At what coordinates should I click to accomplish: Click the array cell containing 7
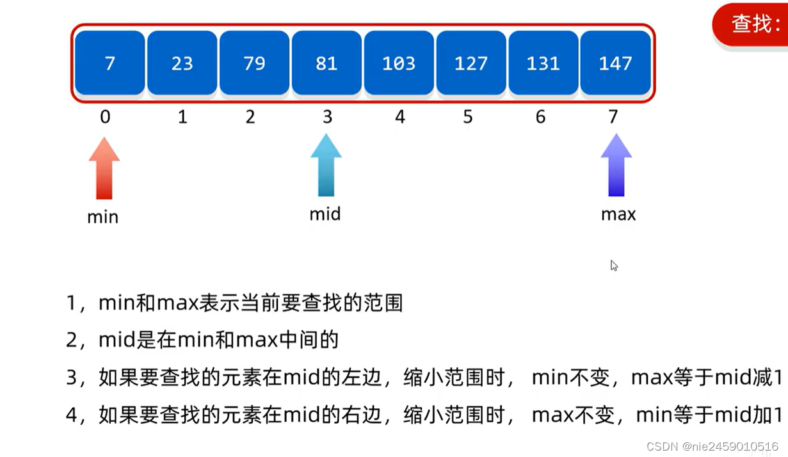(x=109, y=63)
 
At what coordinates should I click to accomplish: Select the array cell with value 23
(x=182, y=63)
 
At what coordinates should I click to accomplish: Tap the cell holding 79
(x=254, y=63)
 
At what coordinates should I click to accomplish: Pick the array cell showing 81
(x=326, y=63)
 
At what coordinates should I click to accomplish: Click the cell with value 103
(x=399, y=63)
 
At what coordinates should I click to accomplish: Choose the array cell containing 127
(x=471, y=63)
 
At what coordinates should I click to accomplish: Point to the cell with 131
(x=543, y=63)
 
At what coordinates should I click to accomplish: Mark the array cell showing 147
(x=615, y=63)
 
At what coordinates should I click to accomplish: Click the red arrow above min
(x=104, y=168)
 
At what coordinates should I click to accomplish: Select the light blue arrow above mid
(x=326, y=165)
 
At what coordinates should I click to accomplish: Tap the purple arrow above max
(x=616, y=165)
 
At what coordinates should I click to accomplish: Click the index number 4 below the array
(x=400, y=117)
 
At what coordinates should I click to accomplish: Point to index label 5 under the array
(x=468, y=117)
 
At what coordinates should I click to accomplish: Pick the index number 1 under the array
(x=182, y=117)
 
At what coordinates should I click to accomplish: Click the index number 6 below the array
(x=541, y=117)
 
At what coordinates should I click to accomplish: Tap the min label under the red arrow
(x=103, y=217)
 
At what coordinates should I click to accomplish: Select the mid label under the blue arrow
(x=325, y=214)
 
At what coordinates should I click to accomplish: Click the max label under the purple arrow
(x=618, y=214)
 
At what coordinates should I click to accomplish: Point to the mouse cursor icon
(x=614, y=266)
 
